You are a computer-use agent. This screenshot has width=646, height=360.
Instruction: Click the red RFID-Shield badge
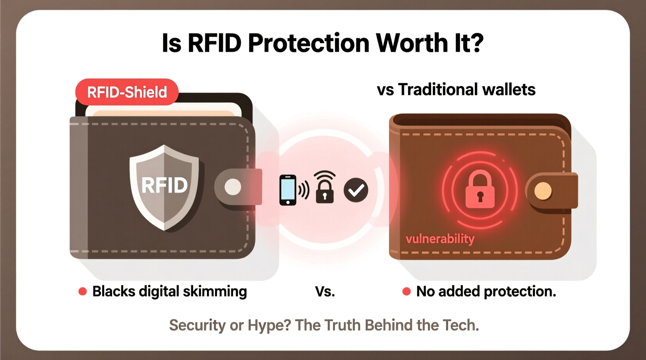[x=127, y=92]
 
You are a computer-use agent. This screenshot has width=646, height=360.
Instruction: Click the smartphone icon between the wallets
[x=288, y=190]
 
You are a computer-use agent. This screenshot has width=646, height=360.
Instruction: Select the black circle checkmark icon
[x=356, y=190]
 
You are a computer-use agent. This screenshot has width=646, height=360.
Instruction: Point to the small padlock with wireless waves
[x=325, y=188]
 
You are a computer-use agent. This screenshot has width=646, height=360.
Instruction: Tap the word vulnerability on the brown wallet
[x=440, y=239]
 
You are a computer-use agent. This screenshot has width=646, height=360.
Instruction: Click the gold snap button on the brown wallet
[x=543, y=191]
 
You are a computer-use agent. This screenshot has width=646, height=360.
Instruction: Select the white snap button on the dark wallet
[x=233, y=187]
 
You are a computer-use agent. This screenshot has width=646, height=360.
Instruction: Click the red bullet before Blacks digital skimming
[x=83, y=291]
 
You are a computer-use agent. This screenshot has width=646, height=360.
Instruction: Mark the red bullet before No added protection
[x=406, y=291]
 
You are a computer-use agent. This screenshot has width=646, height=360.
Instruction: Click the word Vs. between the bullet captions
[x=325, y=292]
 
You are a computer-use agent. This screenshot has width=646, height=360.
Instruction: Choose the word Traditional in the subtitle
[x=438, y=90]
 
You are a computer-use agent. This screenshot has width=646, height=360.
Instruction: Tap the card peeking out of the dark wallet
[x=163, y=109]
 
